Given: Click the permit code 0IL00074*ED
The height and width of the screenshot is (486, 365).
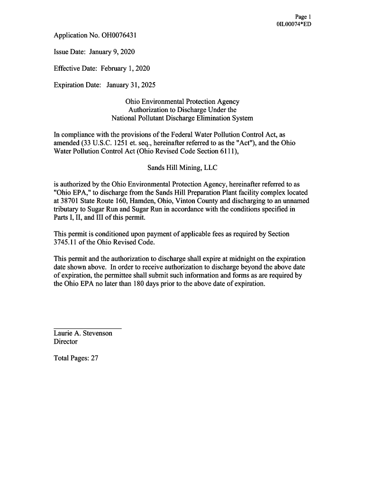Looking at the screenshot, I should pyautogui.click(x=293, y=24).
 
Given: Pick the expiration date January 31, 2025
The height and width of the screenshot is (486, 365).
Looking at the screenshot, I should pyautogui.click(x=131, y=85).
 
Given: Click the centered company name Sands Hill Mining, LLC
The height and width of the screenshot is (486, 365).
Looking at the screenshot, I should pyautogui.click(x=182, y=168).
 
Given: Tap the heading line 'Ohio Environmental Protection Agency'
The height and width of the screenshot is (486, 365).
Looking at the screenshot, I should pyautogui.click(x=182, y=102).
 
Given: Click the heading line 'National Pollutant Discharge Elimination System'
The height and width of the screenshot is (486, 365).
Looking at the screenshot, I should pyautogui.click(x=182, y=118).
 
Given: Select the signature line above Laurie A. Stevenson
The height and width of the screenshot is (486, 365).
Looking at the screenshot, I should pyautogui.click(x=88, y=328).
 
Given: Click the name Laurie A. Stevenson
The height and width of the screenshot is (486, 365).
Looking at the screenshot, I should pyautogui.click(x=83, y=333).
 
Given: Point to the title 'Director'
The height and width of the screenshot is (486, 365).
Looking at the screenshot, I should pyautogui.click(x=65, y=342).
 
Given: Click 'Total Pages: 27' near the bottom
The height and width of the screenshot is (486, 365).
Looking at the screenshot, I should pyautogui.click(x=76, y=358).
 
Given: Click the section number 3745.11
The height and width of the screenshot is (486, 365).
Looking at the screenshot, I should pyautogui.click(x=66, y=243).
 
